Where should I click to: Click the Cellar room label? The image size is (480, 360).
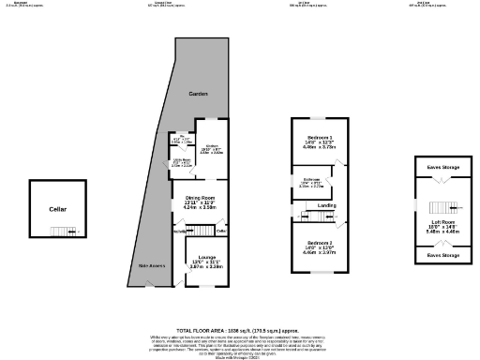58,209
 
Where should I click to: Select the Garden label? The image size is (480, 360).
197,95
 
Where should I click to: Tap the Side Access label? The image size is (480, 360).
152,266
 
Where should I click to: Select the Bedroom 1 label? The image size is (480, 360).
315,137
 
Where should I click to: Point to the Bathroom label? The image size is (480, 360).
311,179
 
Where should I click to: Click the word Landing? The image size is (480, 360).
326,204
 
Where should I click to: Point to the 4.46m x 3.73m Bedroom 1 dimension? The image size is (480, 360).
315,147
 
